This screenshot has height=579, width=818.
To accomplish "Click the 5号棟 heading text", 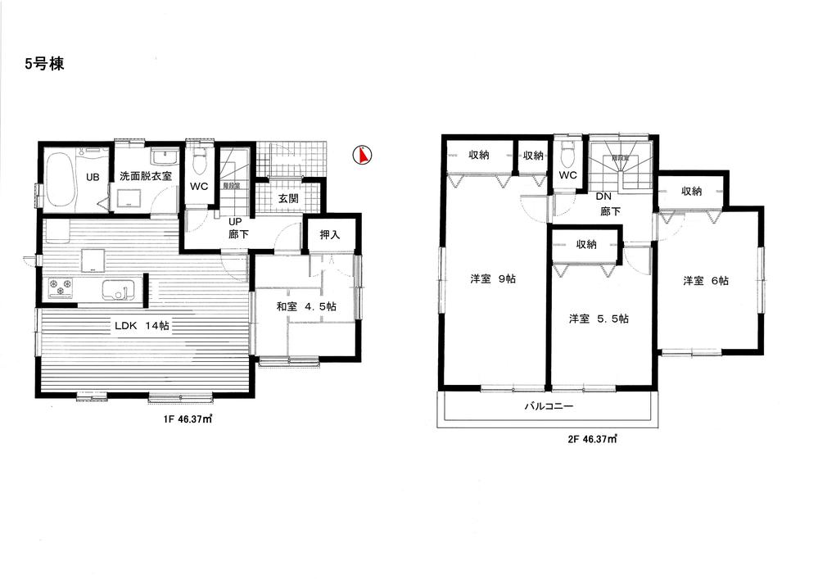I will pos(39,65).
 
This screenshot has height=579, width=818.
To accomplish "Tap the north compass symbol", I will pos(360,155).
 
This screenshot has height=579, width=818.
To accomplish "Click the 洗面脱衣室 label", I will pos(146,175).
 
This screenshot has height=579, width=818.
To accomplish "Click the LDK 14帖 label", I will pos(141,325).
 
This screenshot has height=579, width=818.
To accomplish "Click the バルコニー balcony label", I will pos(549,407).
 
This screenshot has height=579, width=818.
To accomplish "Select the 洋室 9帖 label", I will pos(492,279).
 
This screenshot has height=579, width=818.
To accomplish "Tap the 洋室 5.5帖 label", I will pos(599,319).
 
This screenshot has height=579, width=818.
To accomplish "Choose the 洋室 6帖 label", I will pos(706,281).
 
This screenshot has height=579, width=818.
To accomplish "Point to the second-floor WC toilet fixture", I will pos(567,156).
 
